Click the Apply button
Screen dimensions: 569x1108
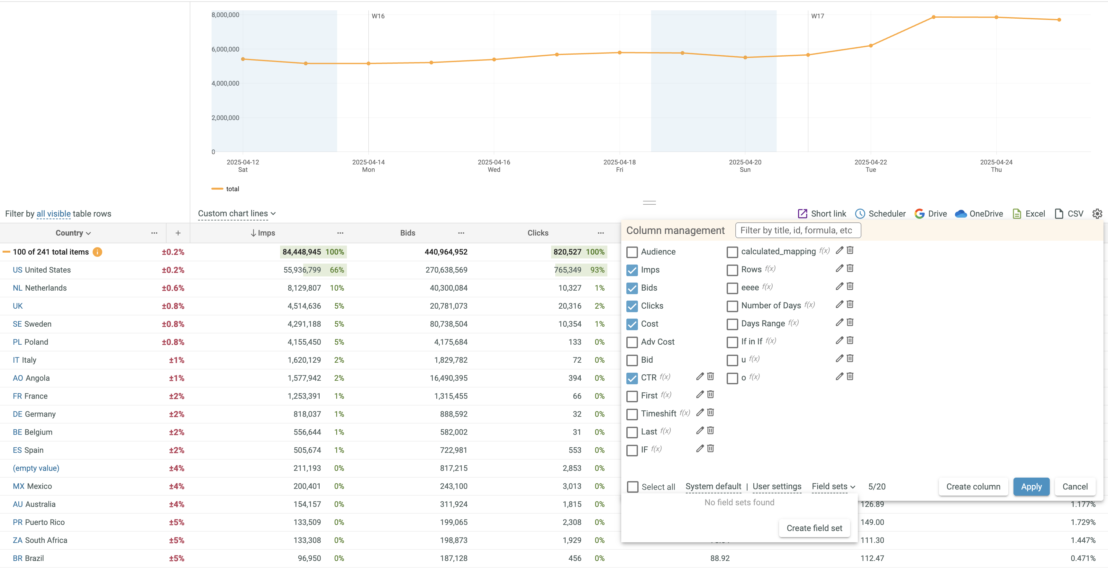pos(1031,486)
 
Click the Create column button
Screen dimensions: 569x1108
pos(973,486)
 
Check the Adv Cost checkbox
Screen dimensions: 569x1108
pos(632,342)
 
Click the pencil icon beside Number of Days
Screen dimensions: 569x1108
pos(839,304)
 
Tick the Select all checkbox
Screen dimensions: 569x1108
pos(633,487)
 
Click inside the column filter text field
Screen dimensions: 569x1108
pos(798,230)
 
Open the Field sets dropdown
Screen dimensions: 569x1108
pos(833,486)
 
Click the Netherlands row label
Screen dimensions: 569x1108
pos(46,288)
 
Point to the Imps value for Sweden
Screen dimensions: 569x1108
pos(304,324)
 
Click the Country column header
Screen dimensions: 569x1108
pos(73,233)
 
